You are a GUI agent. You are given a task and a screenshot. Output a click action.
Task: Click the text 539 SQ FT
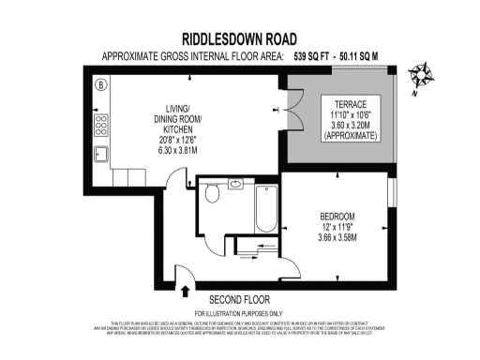coord(319,56)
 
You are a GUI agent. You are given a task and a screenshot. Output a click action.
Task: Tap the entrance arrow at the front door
coord(185,291)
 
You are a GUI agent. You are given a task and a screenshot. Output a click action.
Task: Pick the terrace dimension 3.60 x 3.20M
coord(348,126)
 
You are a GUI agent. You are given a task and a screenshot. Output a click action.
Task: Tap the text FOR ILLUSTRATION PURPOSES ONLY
coord(238,313)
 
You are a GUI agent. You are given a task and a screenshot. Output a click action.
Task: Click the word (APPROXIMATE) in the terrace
coord(348,137)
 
